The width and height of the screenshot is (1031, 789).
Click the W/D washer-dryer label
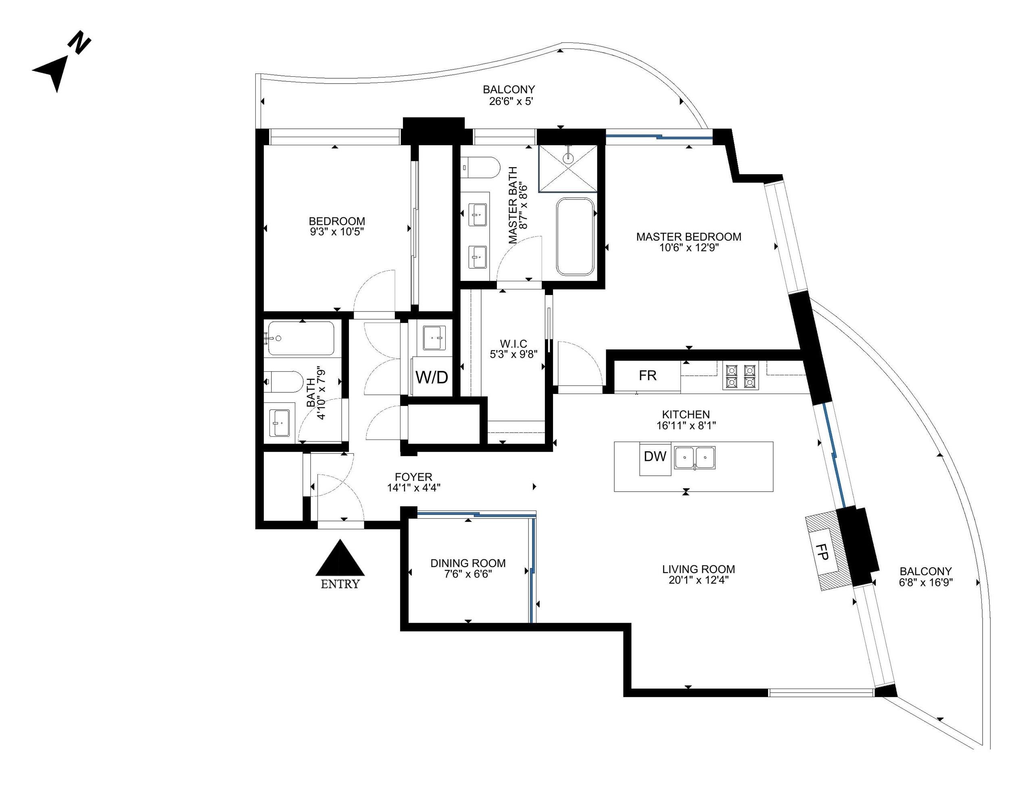(432, 377)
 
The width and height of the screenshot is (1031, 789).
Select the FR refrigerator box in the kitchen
(647, 376)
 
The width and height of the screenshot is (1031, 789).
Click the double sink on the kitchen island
(695, 458)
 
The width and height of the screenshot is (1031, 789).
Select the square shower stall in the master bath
(568, 169)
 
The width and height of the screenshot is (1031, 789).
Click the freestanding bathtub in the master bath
(575, 236)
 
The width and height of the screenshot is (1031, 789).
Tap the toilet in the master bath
(480, 167)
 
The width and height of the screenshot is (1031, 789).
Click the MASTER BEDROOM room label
(689, 236)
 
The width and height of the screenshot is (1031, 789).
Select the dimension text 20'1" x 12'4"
(698, 580)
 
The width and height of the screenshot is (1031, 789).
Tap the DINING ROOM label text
(468, 563)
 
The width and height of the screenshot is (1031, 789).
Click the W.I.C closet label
(513, 344)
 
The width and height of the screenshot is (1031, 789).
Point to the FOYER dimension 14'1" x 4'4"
(413, 488)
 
